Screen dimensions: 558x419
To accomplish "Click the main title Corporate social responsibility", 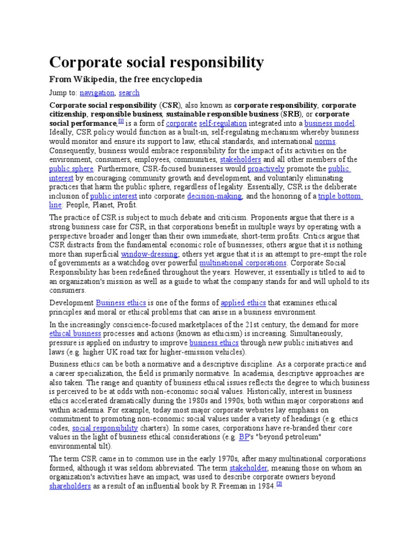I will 157,62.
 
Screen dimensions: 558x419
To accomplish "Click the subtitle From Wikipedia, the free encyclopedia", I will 125,80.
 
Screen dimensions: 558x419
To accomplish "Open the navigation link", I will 97,93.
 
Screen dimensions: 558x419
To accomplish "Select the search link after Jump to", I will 129,93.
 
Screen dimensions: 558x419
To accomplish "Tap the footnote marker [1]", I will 121,121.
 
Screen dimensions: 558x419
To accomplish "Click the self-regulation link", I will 223,123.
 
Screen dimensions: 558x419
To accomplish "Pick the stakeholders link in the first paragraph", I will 240,160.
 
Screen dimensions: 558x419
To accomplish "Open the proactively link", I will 266,169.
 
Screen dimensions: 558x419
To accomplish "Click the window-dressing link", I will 149,254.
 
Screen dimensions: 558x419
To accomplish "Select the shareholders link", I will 70,486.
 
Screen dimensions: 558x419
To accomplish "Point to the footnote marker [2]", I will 278,484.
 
